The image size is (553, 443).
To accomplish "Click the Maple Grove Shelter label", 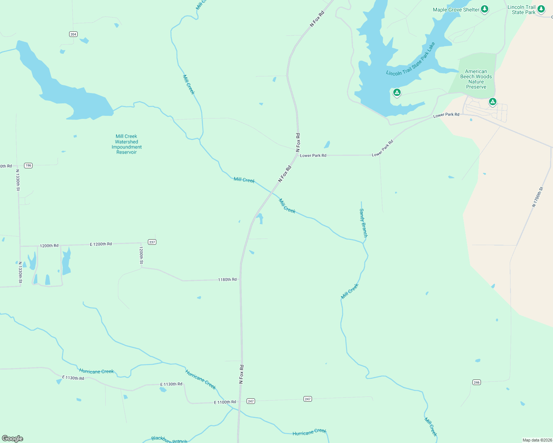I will [456, 10].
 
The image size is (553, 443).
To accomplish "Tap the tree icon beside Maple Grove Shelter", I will [485, 9].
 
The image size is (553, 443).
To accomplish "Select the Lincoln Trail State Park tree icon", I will [541, 8].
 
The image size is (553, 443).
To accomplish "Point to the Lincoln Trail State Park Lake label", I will [410, 60].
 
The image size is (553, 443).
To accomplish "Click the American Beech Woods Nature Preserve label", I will [476, 79].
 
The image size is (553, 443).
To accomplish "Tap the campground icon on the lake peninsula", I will [397, 92].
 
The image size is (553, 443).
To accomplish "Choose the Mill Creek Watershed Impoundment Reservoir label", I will [126, 144].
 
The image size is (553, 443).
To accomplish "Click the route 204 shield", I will [73, 34].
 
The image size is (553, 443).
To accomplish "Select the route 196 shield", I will [28, 165].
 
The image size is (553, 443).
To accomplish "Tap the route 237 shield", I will [152, 242].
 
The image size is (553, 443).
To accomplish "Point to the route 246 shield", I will [476, 382].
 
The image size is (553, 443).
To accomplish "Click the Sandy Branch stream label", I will [363, 223].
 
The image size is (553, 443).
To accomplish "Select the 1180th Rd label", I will [227, 280].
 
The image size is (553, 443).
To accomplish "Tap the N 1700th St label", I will [537, 197].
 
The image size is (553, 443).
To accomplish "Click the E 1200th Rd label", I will [101, 244].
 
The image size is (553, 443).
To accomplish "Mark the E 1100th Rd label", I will [225, 402].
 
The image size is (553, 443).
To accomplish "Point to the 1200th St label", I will [141, 255].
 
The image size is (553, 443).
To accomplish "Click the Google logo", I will [13, 439].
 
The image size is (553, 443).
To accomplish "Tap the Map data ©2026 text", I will [537, 440].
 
